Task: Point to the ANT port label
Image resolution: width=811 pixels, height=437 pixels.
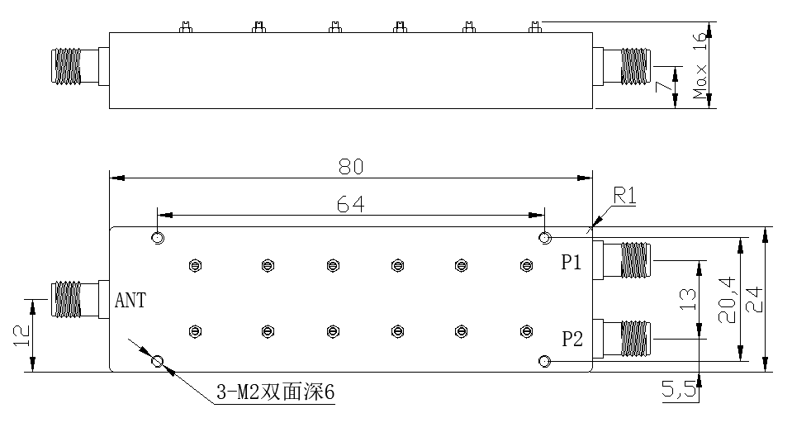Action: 130,301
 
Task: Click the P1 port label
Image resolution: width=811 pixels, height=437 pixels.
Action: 572,264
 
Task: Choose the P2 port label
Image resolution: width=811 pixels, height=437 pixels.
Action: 572,339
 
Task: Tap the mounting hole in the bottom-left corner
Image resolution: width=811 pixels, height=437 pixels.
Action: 158,361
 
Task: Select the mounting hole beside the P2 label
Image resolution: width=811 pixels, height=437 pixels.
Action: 544,362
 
